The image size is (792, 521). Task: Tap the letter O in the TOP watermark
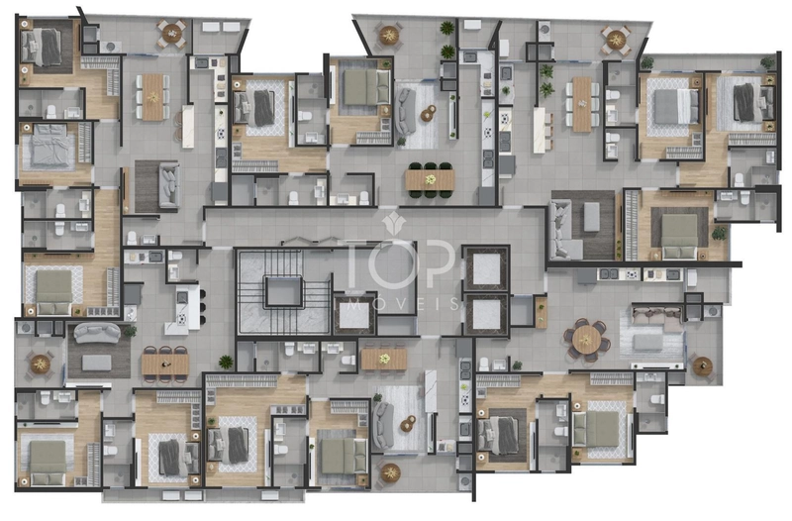[x=393, y=263]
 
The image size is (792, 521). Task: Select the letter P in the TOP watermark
[x=436, y=263]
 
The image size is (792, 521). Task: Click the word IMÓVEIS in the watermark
[x=398, y=303]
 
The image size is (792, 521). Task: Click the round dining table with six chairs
[x=586, y=340]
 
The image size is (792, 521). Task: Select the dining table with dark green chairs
[x=430, y=179]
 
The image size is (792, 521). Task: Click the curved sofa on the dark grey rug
[x=97, y=333]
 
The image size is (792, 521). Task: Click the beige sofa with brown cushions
[x=656, y=320]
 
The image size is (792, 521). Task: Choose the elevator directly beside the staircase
[x=354, y=314]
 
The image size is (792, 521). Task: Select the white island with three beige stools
[x=541, y=130]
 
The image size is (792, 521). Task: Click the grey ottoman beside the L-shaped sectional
[x=591, y=217]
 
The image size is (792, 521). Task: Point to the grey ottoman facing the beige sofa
[x=648, y=343]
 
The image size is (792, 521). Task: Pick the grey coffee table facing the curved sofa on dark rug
[x=97, y=363]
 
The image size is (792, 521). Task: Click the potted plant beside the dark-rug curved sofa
[x=131, y=332]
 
